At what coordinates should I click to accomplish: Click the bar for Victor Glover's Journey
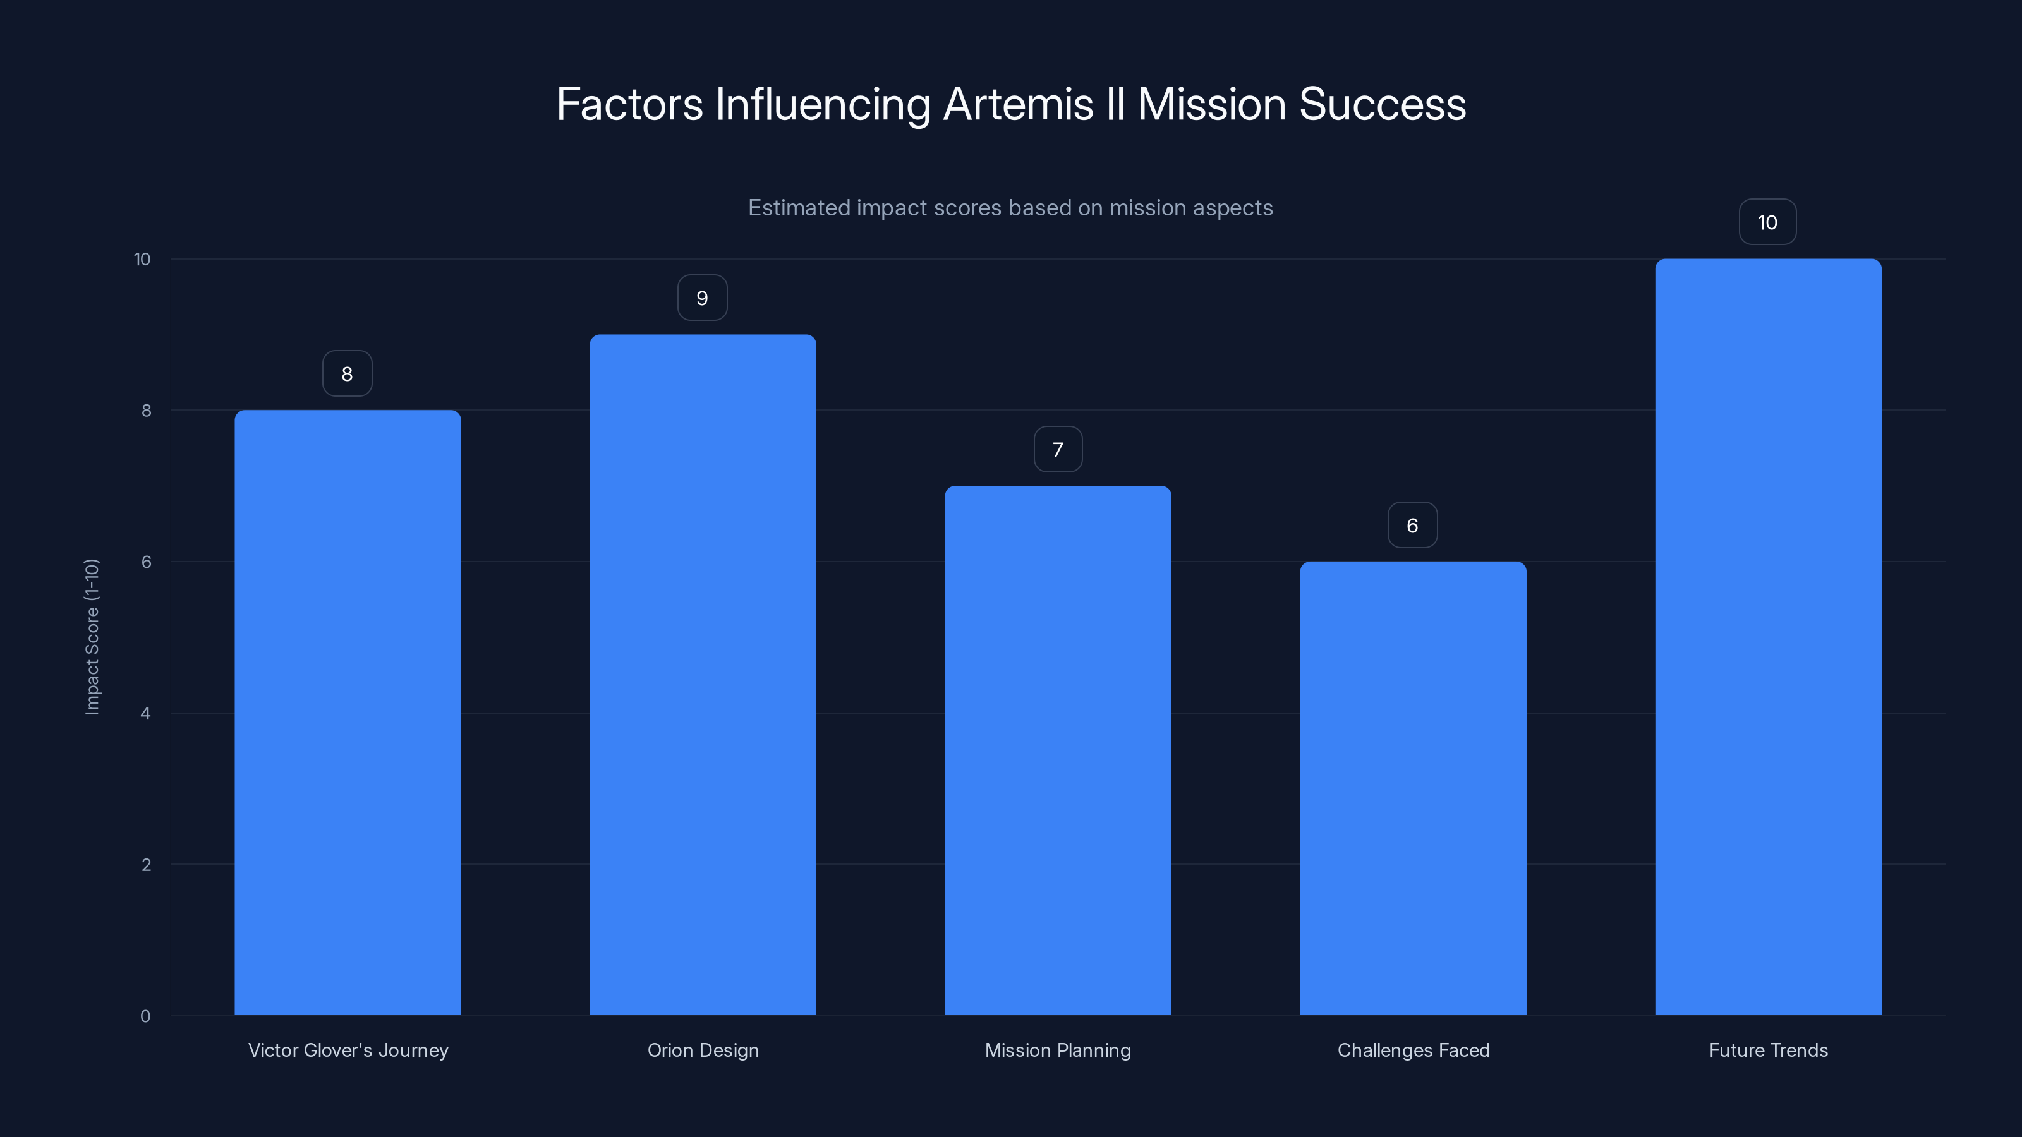347,713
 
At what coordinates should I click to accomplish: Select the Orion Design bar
703,675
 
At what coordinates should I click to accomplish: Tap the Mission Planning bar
1057,750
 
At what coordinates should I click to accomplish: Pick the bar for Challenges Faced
1413,788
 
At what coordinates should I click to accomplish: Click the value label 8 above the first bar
347,373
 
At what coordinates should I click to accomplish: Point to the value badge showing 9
703,298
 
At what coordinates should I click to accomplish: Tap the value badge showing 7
1057,450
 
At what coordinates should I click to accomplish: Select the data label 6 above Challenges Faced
1412,526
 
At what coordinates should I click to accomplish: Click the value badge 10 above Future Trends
1767,223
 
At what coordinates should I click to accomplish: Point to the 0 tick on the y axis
145,1016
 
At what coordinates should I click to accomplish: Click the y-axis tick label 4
145,713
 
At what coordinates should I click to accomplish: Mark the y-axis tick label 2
145,865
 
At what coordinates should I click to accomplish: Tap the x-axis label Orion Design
703,1050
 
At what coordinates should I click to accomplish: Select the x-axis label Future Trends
1768,1050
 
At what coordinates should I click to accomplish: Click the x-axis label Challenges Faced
1413,1050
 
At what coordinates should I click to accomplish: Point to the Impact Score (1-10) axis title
92,636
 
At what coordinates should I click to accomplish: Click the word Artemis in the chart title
1018,104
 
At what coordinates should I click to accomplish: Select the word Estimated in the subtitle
798,208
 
